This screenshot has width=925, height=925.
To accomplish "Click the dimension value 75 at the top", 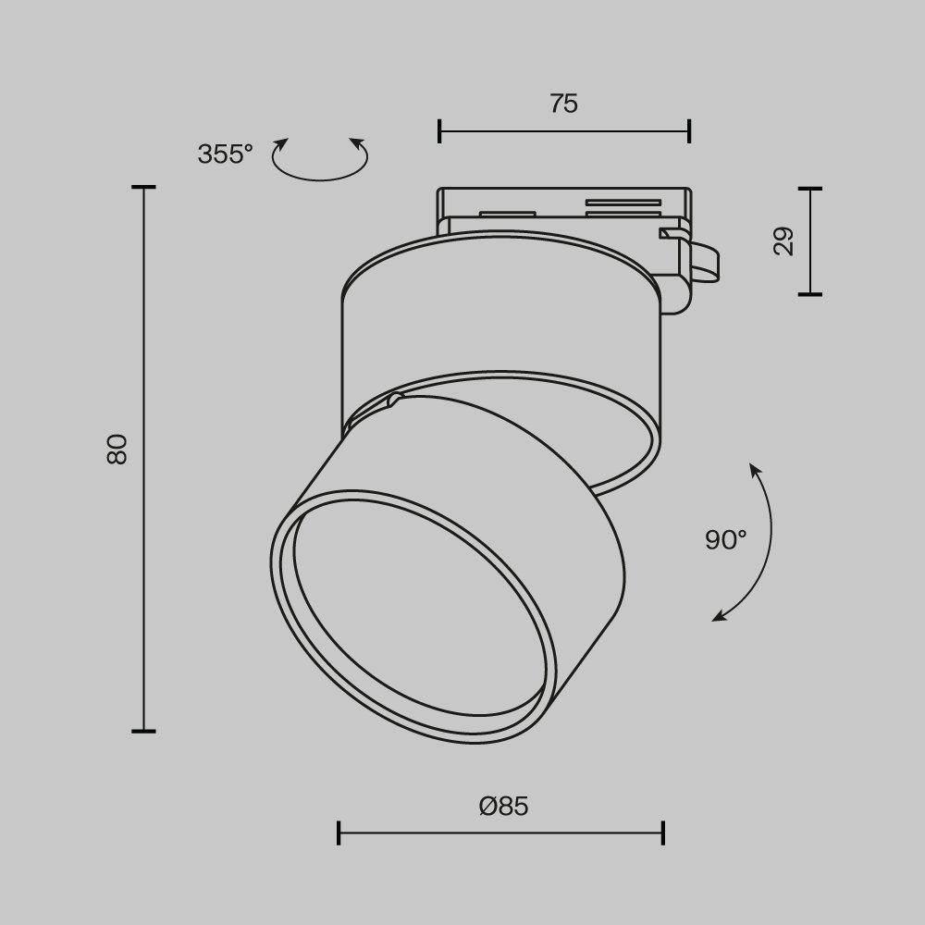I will pos(563,104).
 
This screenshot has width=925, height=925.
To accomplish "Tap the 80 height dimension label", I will pos(117,449).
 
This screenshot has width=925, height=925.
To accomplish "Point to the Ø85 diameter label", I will pos(504,806).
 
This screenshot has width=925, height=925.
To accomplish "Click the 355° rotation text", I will pos(225,154).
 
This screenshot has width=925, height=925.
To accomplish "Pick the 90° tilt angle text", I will pos(726,539).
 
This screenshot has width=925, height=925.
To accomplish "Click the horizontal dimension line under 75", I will pos(563,131).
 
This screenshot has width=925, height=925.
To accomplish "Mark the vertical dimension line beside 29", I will pos(810,241).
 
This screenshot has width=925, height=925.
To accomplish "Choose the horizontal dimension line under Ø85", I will pos(500,832).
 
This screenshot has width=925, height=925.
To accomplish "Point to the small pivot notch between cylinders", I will pos(395,400).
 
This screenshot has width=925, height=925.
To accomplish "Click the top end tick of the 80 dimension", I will pos(143,188).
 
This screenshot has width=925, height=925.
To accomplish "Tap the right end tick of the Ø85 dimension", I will pos(663,832).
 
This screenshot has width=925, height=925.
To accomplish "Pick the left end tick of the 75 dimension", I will pos(439,131).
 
